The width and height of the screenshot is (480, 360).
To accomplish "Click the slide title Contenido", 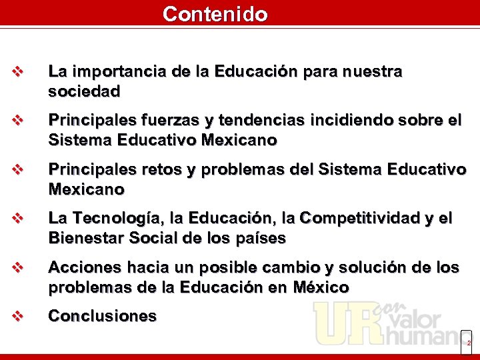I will (215, 14).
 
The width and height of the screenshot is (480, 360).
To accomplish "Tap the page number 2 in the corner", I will (468, 343).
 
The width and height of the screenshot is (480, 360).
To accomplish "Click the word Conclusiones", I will (102, 316).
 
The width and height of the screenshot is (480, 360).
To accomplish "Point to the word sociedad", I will (84, 91).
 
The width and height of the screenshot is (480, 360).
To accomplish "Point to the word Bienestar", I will (84, 238).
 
